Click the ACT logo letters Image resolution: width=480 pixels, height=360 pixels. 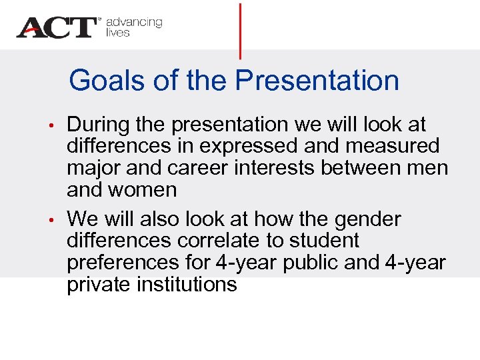57,27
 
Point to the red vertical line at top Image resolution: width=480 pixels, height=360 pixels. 240,30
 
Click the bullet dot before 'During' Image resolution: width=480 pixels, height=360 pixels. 58,125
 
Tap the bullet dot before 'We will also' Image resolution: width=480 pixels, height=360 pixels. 58,220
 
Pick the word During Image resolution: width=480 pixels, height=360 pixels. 100,125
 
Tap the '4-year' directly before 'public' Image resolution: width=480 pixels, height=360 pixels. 243,263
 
